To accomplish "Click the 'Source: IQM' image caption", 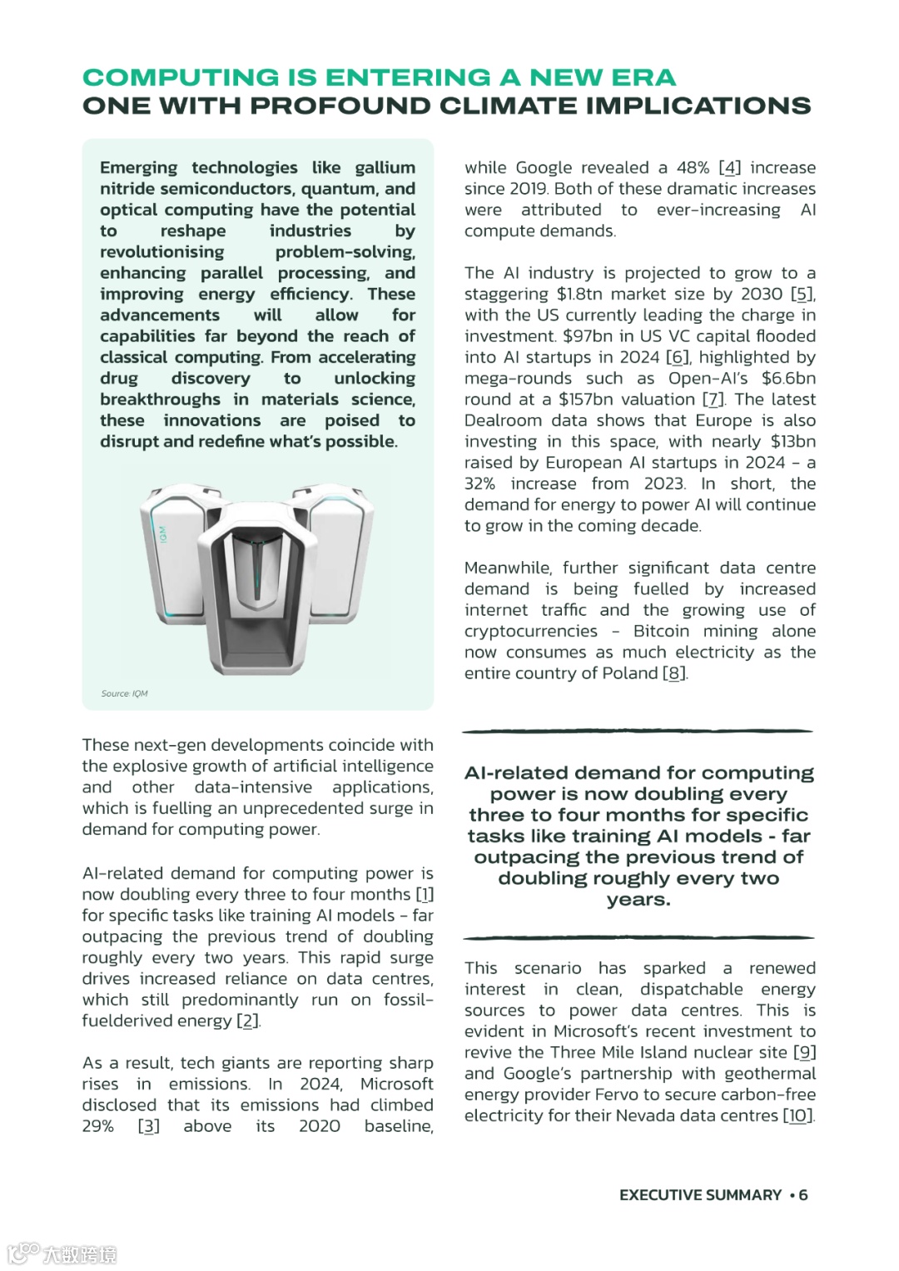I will [x=124, y=693].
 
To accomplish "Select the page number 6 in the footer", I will [x=803, y=1194].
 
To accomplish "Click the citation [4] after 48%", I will [x=729, y=167].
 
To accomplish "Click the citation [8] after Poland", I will [x=675, y=673].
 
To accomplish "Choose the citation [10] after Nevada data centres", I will [x=798, y=1115].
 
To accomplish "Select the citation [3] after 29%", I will [x=149, y=1126].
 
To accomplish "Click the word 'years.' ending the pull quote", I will [x=638, y=900].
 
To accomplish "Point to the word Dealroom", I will [x=501, y=420].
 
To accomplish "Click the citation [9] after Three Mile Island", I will [x=804, y=1052].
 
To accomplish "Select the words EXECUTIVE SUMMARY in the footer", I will [x=700, y=1194].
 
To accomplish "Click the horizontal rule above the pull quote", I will [x=638, y=731].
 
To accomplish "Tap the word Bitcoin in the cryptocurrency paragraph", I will [x=661, y=631].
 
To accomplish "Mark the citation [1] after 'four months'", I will [x=425, y=894].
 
